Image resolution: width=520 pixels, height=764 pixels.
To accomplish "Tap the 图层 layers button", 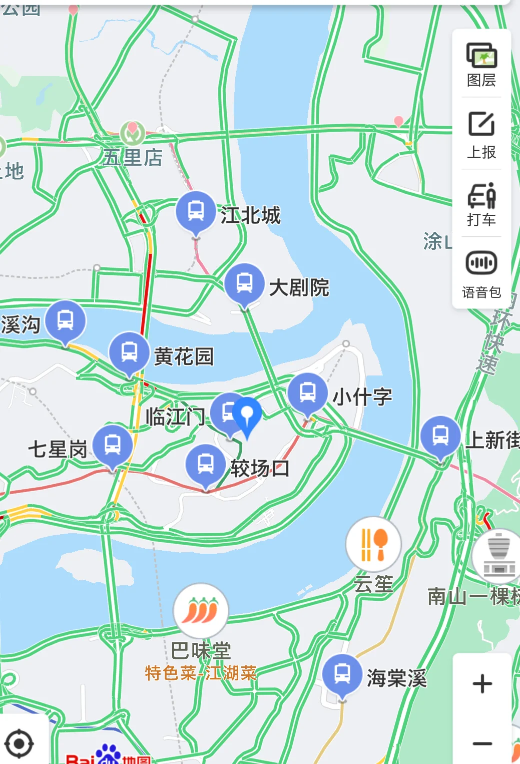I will pyautogui.click(x=481, y=64).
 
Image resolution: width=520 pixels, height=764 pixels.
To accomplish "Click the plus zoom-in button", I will pyautogui.click(x=482, y=683).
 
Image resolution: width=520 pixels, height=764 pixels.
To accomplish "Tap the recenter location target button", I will pyautogui.click(x=19, y=743).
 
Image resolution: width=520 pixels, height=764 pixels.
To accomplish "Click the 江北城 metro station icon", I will pyautogui.click(x=196, y=211).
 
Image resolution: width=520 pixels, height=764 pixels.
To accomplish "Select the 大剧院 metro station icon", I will pyautogui.click(x=244, y=283).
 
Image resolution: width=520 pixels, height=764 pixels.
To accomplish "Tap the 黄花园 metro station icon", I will pyautogui.click(x=129, y=352).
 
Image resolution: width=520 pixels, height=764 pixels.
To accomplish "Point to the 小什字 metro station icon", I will pyautogui.click(x=307, y=393).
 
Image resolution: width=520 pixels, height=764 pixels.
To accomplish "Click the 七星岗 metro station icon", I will pyautogui.click(x=113, y=445).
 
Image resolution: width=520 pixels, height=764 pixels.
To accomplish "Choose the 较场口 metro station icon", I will pyautogui.click(x=206, y=464).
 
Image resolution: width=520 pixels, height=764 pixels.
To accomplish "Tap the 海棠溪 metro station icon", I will pyautogui.click(x=342, y=674).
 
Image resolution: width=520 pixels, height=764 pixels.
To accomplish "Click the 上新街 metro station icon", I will pyautogui.click(x=440, y=436).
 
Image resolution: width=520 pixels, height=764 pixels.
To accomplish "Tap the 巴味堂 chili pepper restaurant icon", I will pyautogui.click(x=201, y=611).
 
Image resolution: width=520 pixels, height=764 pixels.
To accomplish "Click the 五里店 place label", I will pyautogui.click(x=133, y=157).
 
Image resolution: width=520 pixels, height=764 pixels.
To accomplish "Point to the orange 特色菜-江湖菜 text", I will pyautogui.click(x=201, y=673).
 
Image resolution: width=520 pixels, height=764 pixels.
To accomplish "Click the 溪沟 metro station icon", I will pyautogui.click(x=66, y=320).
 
